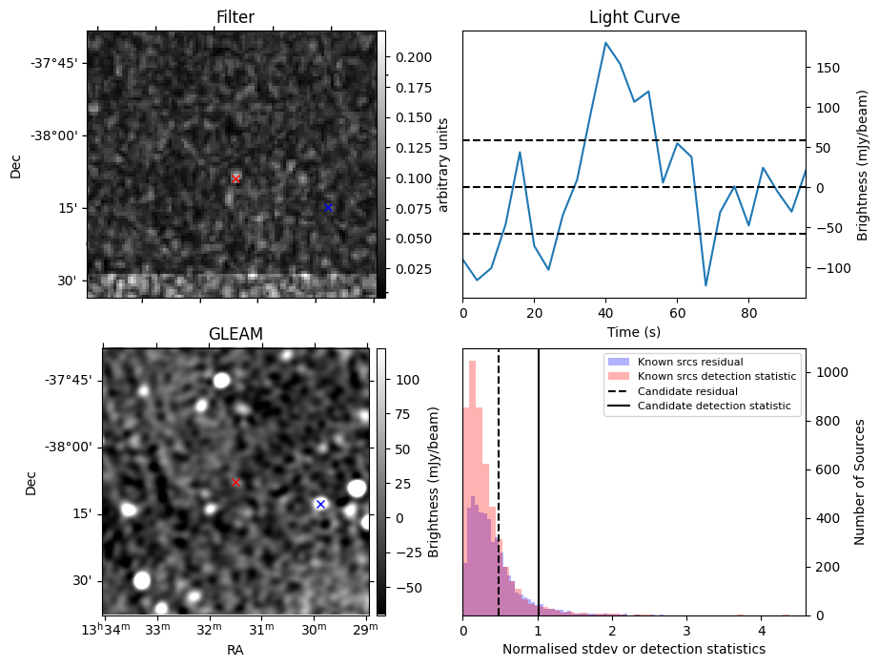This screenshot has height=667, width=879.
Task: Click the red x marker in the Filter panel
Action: [236, 178]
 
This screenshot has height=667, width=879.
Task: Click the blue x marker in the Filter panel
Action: [328, 207]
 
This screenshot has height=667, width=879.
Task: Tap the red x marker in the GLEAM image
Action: [236, 483]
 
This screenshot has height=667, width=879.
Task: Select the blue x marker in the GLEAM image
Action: [320, 504]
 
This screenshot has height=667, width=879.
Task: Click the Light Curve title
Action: [634, 17]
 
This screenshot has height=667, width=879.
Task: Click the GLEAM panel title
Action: [235, 333]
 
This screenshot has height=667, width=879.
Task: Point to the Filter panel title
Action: [235, 17]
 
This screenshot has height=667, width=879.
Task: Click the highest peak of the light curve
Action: [605, 42]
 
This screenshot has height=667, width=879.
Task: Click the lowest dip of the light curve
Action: [705, 285]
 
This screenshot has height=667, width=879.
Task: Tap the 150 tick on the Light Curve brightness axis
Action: [828, 68]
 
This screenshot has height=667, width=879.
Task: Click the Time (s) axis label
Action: [634, 332]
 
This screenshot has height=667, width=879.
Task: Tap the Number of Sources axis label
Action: [860, 481]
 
